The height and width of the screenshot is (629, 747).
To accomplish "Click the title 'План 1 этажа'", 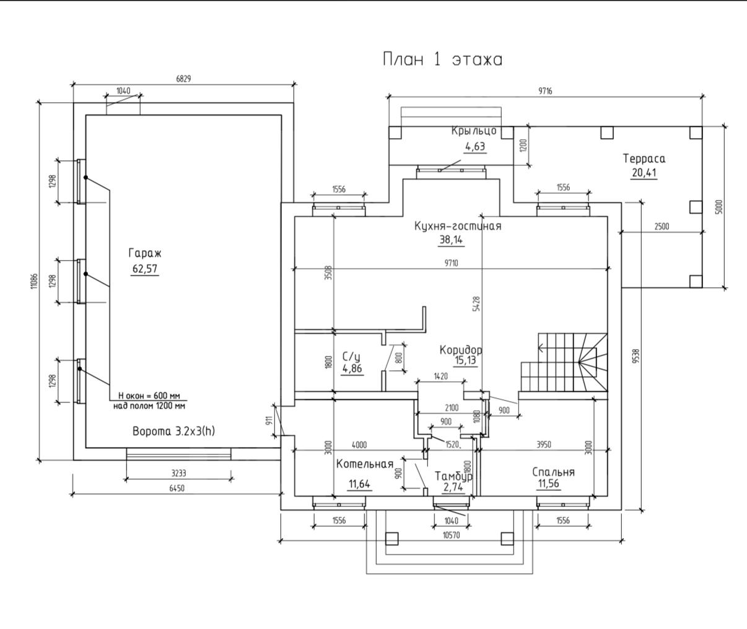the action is click(442, 59).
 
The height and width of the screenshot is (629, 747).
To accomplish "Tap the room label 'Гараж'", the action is click(145, 254).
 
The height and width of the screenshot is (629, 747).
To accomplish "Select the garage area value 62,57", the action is click(145, 269).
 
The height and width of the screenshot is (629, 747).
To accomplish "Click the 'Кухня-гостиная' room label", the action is click(458, 226).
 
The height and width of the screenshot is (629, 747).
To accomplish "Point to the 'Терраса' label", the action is click(644, 158).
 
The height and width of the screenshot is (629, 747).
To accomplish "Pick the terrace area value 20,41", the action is click(644, 173).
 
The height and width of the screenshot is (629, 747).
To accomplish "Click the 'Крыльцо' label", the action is click(474, 131).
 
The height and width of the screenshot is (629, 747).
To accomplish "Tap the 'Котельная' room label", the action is click(365, 464).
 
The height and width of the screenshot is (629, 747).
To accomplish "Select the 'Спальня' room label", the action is click(554, 472).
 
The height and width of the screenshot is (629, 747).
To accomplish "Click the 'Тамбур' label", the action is click(453, 476).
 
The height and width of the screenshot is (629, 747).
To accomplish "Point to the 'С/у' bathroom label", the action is click(351, 357).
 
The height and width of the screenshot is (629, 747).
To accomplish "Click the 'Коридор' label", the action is click(461, 349).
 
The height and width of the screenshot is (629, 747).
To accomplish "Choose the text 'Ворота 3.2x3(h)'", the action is click(174, 432).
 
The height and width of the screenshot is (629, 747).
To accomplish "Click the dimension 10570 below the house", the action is click(452, 536).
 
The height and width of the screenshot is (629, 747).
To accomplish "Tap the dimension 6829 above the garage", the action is click(183, 79).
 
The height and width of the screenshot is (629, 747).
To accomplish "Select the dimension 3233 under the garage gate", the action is click(179, 473).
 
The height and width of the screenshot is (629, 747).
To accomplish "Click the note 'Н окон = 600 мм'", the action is click(149, 396).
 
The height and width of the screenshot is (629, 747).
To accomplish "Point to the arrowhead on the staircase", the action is click(541, 347).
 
